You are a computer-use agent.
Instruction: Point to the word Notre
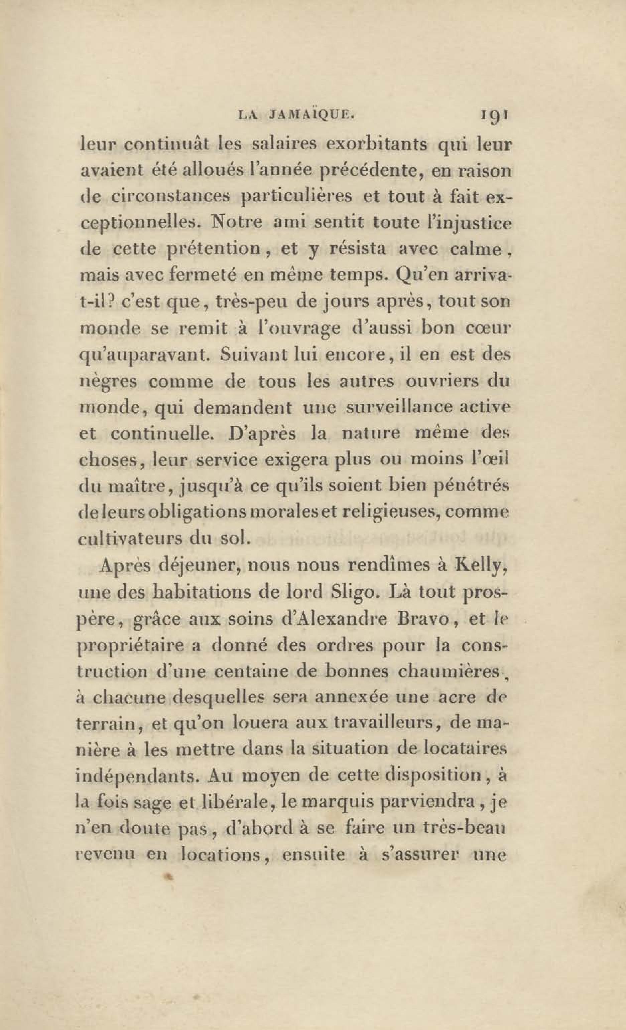[x=236, y=222]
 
